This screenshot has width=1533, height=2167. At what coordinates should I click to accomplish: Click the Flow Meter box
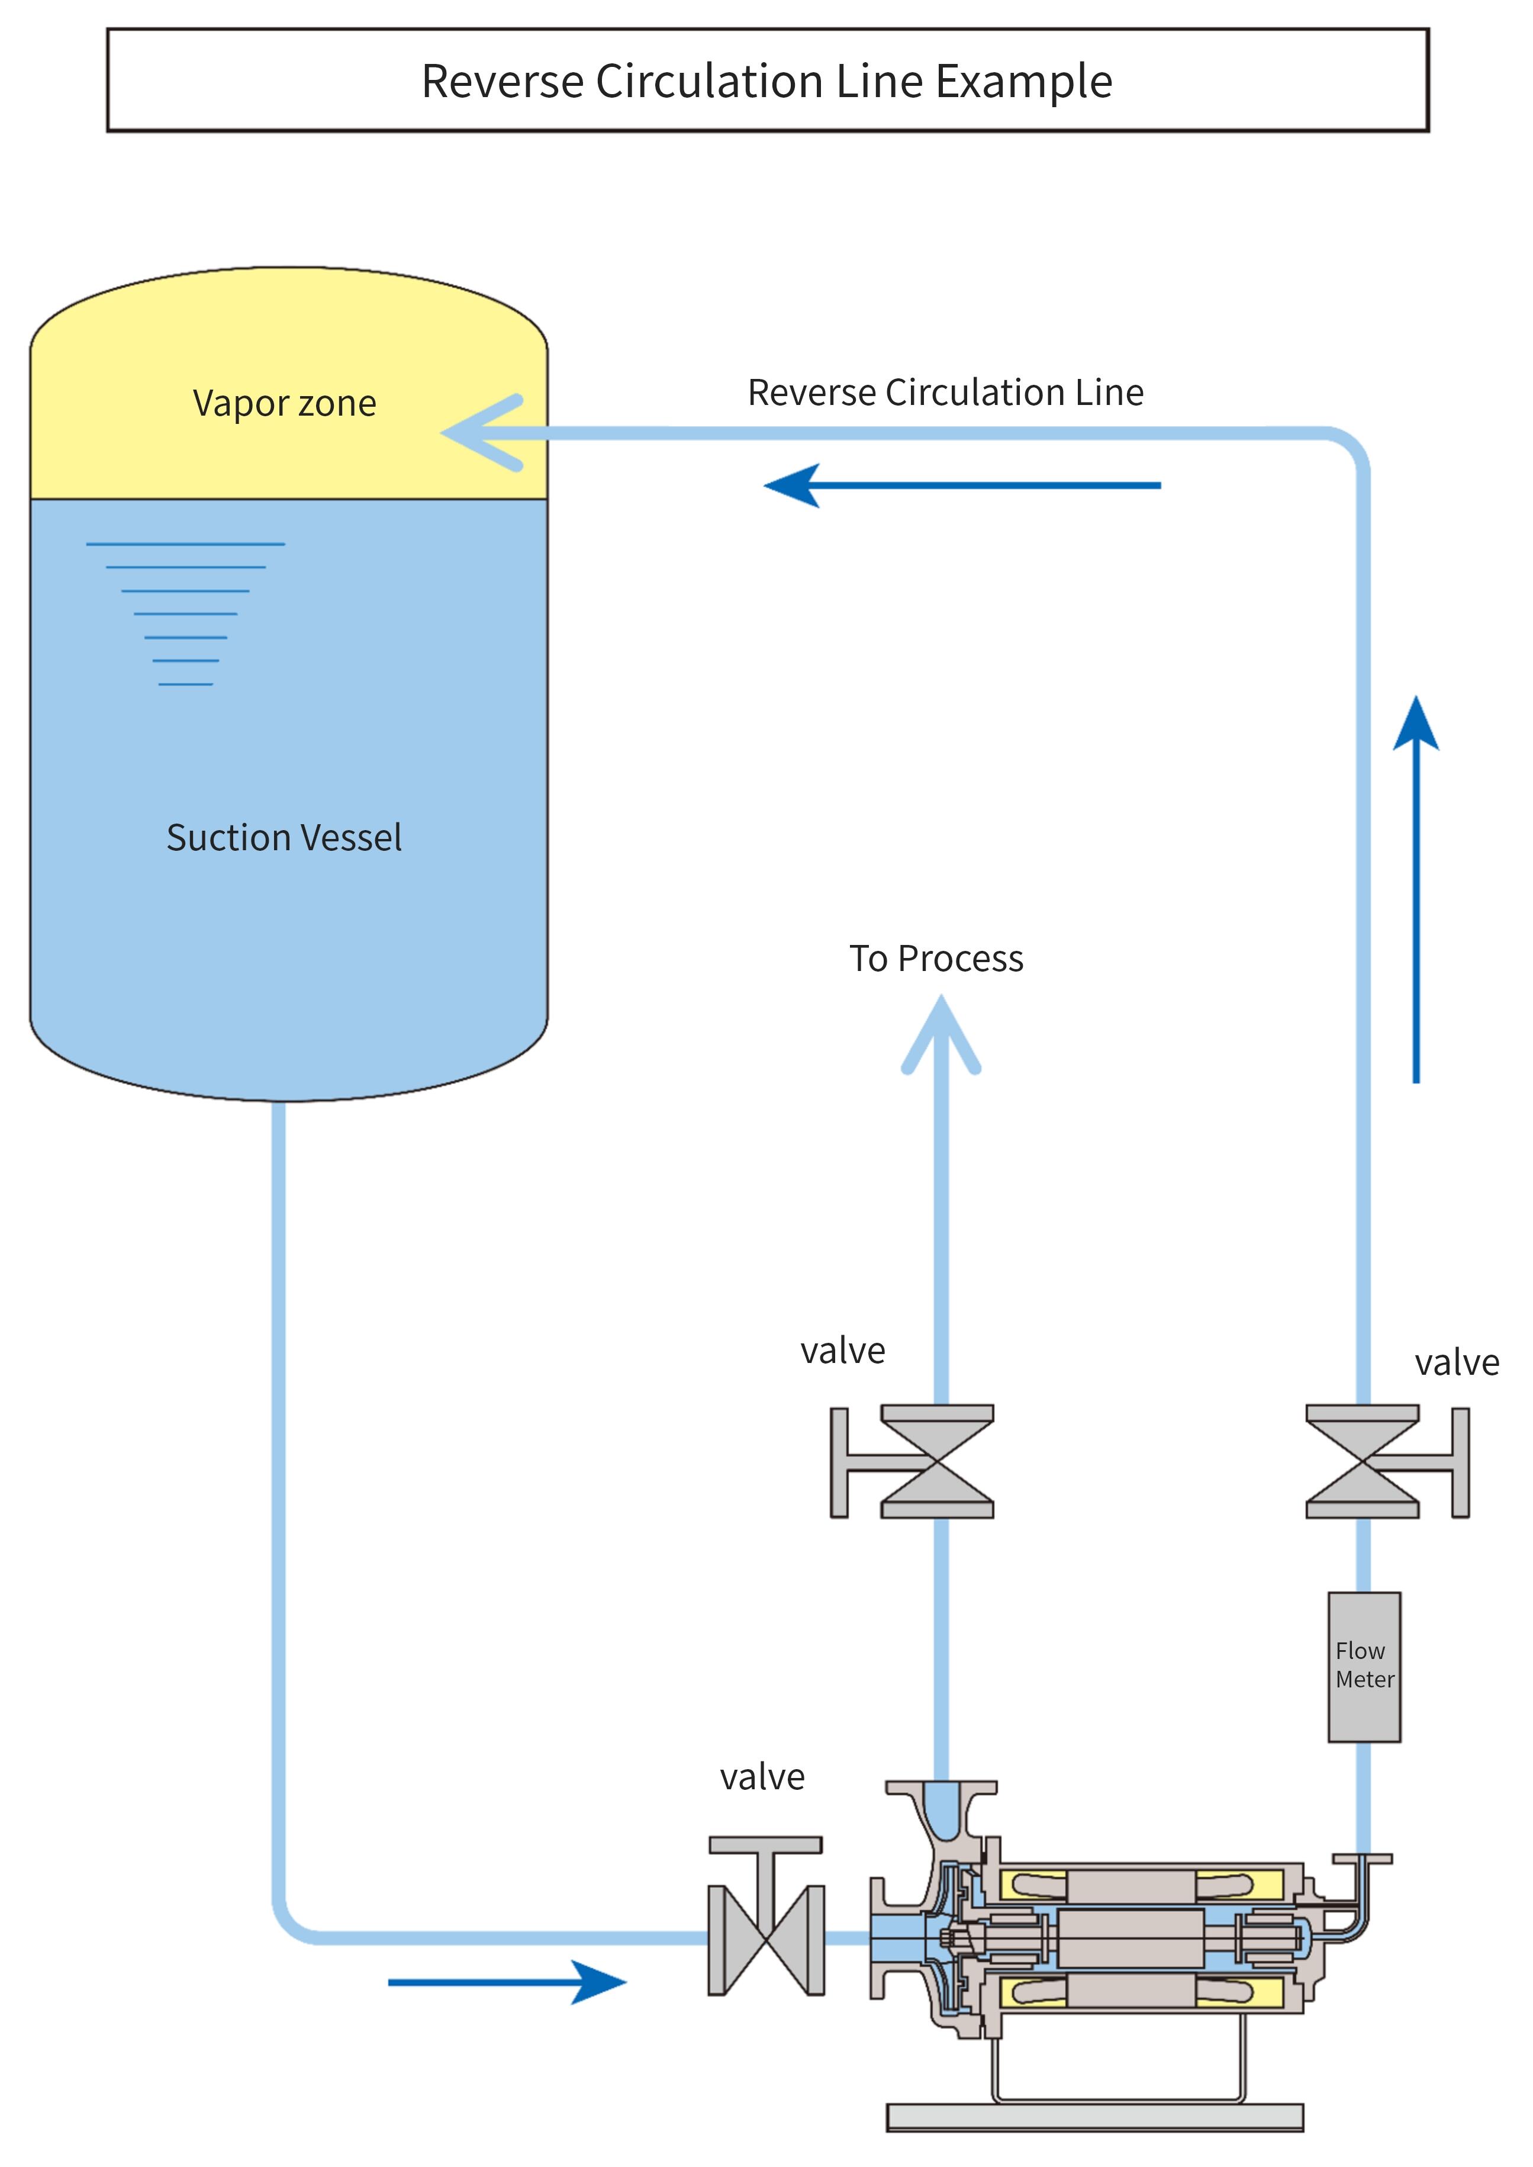pyautogui.click(x=1364, y=1667)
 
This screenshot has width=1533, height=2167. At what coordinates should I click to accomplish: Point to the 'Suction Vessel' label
pyautogui.click(x=284, y=838)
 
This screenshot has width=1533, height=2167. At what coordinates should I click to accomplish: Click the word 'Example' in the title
pyautogui.click(x=1023, y=81)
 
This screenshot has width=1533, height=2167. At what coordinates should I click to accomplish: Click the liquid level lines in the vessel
pyautogui.click(x=186, y=614)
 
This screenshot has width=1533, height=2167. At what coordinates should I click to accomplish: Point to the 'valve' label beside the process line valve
pyautogui.click(x=843, y=1351)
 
